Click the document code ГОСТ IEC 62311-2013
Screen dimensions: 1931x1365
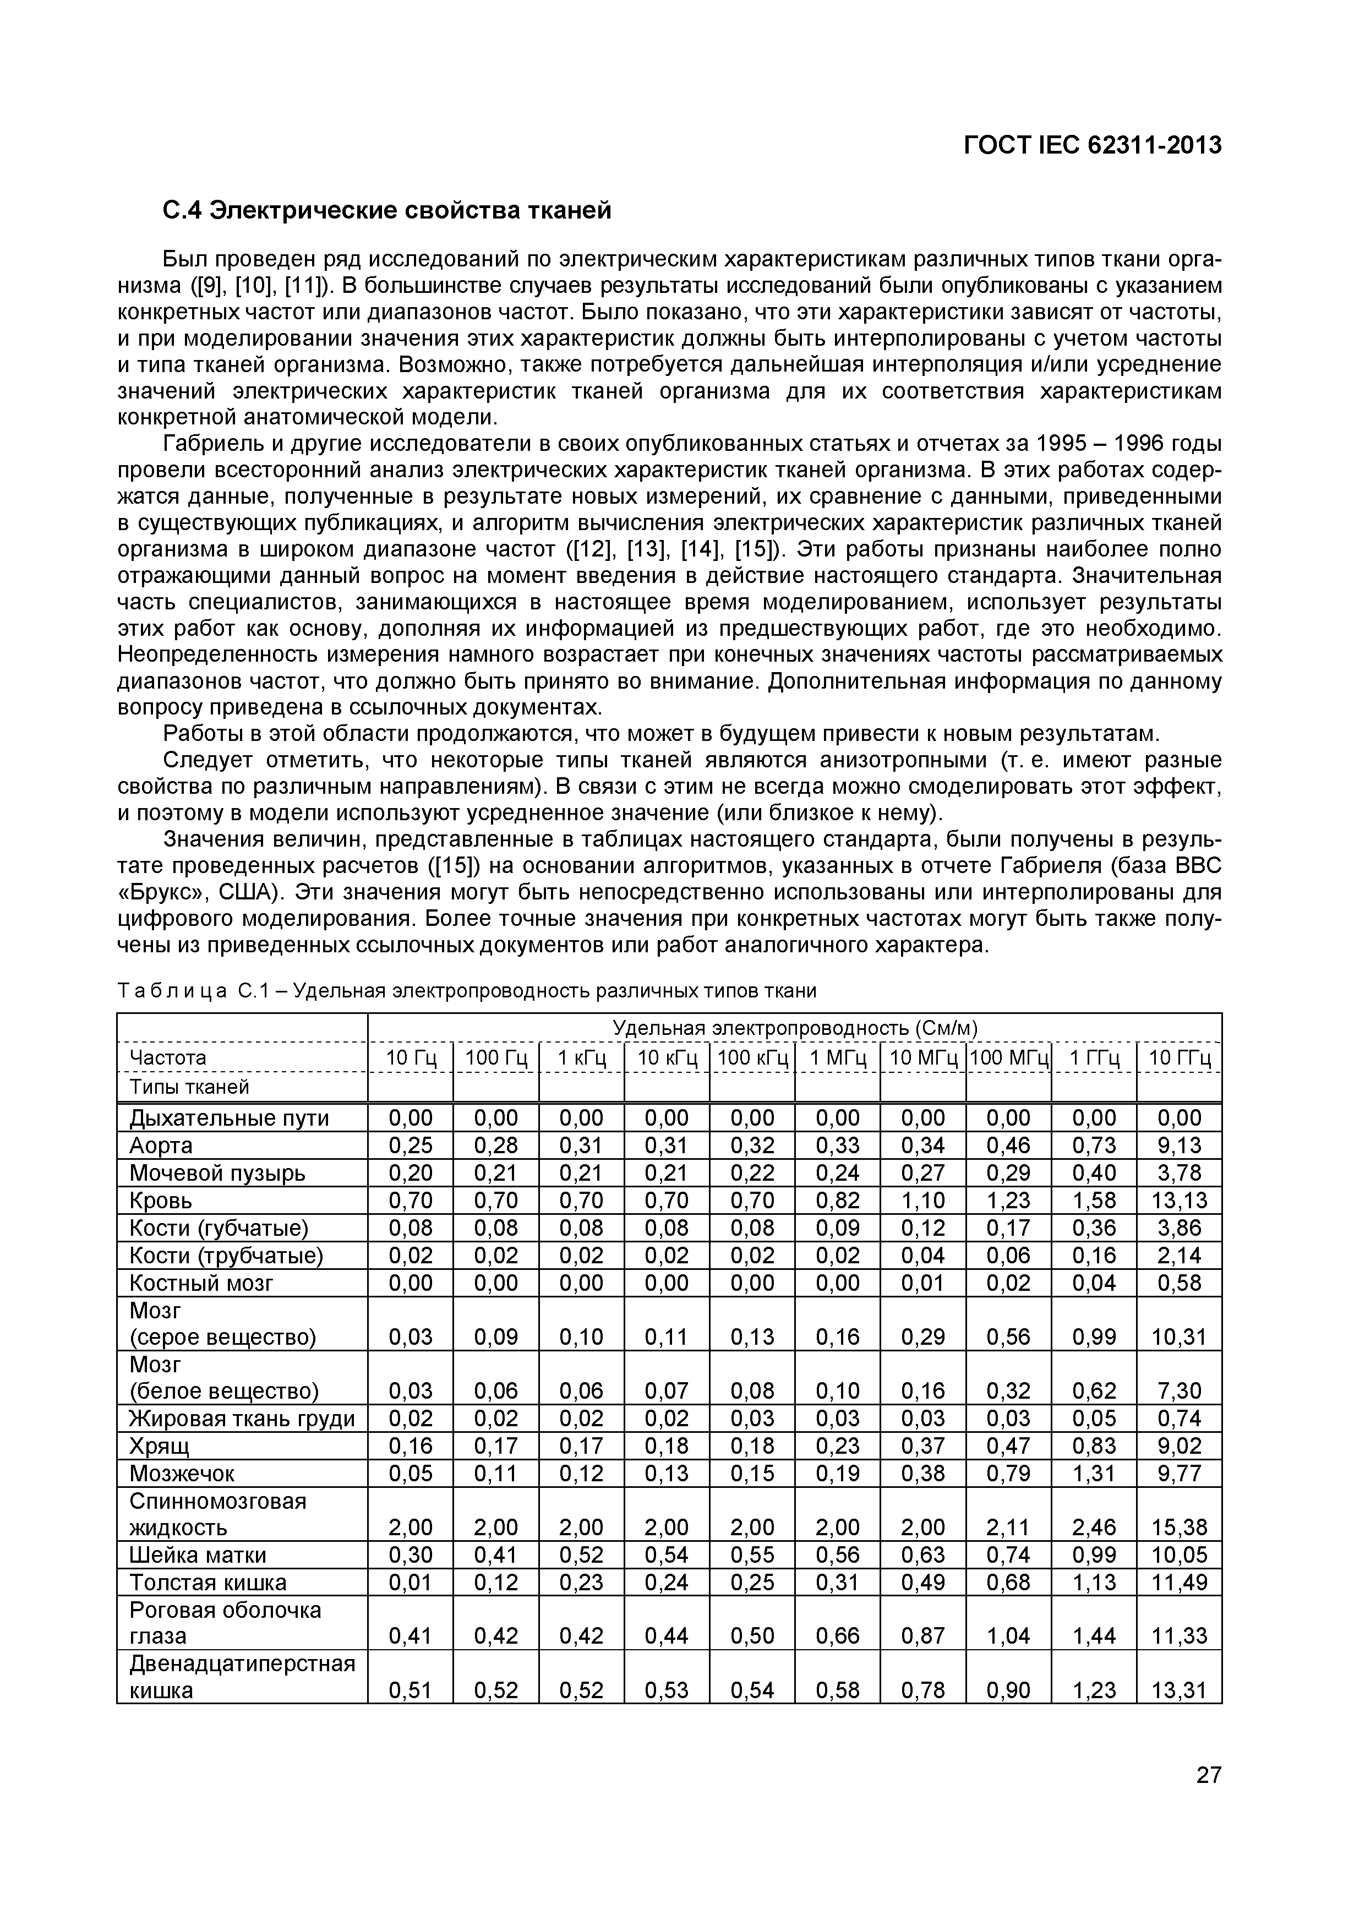tap(1091, 145)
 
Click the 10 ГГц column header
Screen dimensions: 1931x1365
tap(1179, 1058)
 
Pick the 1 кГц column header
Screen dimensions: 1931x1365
tap(581, 1058)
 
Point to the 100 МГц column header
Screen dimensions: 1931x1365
tap(1008, 1058)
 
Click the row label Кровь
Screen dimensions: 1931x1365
tap(161, 1200)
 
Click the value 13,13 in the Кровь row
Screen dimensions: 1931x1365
tap(1179, 1200)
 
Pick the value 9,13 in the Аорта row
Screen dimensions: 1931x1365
tap(1179, 1145)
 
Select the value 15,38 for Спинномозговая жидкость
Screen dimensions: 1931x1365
tap(1179, 1528)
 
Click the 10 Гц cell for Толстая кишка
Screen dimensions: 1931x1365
tap(411, 1583)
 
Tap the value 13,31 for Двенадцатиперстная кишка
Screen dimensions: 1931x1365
tap(1179, 1690)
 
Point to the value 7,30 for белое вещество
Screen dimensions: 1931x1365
tap(1179, 1391)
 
